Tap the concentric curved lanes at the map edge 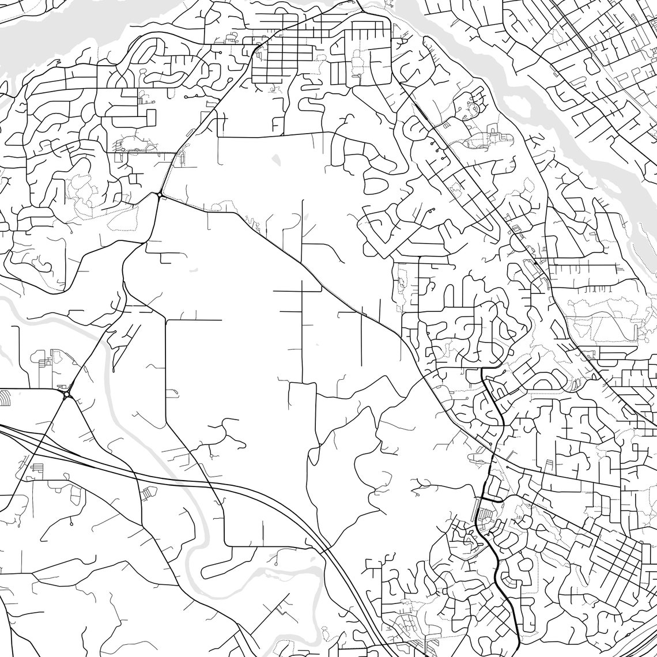click(5, 398)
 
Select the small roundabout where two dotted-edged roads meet click(159, 196)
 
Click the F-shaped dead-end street click(276, 123)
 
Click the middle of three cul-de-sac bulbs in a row click(438, 149)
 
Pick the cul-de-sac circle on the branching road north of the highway click(212, 457)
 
